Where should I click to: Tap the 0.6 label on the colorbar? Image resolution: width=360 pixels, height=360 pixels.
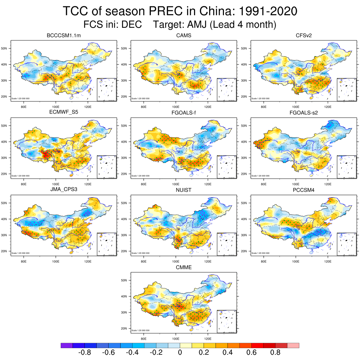click(x=251, y=353)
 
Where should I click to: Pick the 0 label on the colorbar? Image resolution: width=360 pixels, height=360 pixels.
click(x=180, y=353)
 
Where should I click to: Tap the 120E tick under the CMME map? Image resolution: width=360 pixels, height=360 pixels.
click(x=208, y=339)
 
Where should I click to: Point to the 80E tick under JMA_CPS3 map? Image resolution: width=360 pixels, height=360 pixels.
click(x=24, y=261)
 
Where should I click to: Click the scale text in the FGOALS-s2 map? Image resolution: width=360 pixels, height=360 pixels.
click(x=261, y=176)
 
